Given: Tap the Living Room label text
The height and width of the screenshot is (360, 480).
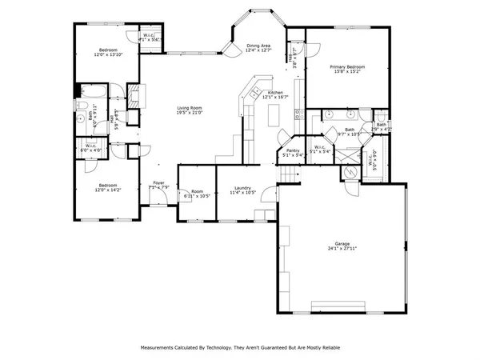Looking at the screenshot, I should tap(190, 108).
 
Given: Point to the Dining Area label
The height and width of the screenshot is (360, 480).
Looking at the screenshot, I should tap(259, 46).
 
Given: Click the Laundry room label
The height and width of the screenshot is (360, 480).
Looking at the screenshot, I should tap(242, 187).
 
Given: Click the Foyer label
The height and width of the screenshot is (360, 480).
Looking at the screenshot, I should tap(158, 183).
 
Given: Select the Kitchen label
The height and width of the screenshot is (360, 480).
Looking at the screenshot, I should tap(276, 93).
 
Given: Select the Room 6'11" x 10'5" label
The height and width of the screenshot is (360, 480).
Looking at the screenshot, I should tap(197, 193).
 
